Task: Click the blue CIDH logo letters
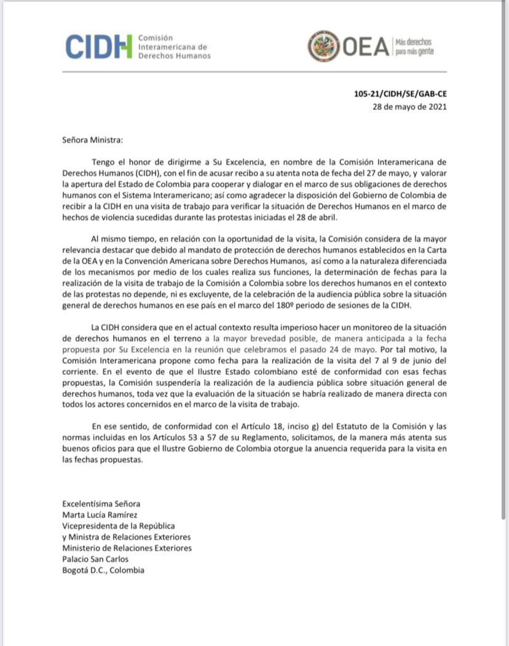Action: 98,47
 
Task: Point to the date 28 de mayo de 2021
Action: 409,106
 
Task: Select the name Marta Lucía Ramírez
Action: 101,514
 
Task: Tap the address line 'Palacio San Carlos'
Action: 95,559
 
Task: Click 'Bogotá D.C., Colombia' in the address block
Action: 103,570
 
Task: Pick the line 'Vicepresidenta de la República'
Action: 118,526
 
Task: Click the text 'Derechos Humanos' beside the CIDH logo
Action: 175,55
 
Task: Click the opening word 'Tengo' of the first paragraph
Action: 102,162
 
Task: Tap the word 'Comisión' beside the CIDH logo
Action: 156,37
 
